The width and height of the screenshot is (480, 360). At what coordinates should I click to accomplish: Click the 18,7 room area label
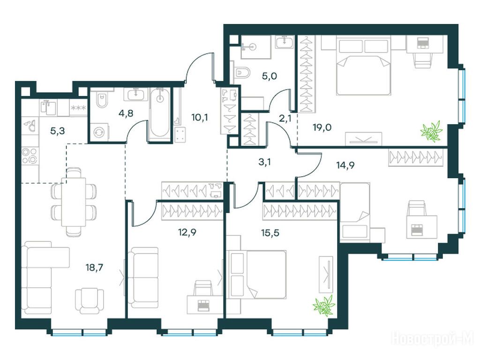94,268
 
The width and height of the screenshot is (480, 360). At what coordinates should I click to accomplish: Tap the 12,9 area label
187,232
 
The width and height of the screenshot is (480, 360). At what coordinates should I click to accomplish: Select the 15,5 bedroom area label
270,232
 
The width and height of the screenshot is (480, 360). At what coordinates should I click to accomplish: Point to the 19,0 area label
322,127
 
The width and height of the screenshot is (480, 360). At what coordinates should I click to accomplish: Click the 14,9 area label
345,165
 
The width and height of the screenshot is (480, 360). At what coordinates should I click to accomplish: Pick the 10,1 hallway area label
199,117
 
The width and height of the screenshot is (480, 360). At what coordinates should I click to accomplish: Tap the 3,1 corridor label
264,162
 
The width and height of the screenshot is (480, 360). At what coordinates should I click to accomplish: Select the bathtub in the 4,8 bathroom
159,115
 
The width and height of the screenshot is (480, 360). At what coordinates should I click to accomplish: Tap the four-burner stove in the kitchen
30,156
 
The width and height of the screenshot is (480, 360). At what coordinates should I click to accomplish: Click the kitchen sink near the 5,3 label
30,125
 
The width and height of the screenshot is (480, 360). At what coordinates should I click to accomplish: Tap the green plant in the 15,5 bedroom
324,305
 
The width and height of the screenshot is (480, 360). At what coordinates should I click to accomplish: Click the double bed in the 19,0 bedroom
364,65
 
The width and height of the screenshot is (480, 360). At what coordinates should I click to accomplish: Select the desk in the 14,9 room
422,227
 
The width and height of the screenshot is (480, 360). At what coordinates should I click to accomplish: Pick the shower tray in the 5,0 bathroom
256,47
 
